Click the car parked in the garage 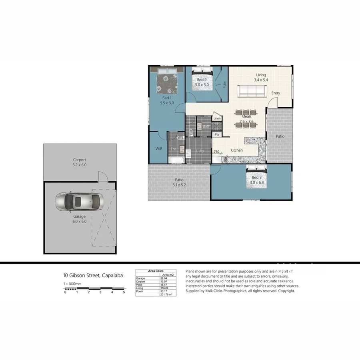[x=79, y=202]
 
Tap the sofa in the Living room [x=252, y=92]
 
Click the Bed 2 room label [x=202, y=82]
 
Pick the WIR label [x=158, y=148]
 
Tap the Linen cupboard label [x=217, y=118]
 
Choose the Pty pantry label [x=217, y=135]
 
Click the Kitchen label [x=236, y=150]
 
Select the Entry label [x=276, y=93]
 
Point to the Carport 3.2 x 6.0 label [x=79, y=162]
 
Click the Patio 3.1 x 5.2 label [x=180, y=182]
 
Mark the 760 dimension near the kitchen [x=216, y=152]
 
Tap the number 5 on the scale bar [x=124, y=292]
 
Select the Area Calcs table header [x=156, y=271]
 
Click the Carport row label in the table [x=140, y=281]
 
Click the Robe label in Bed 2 [x=224, y=85]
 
